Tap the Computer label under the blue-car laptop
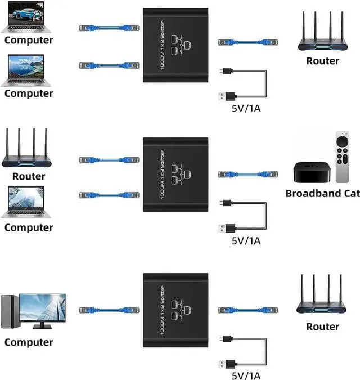(x=29, y=40)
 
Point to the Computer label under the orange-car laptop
(x=29, y=93)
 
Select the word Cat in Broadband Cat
(x=352, y=194)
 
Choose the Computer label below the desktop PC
(x=29, y=342)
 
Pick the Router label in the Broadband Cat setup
(x=28, y=176)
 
